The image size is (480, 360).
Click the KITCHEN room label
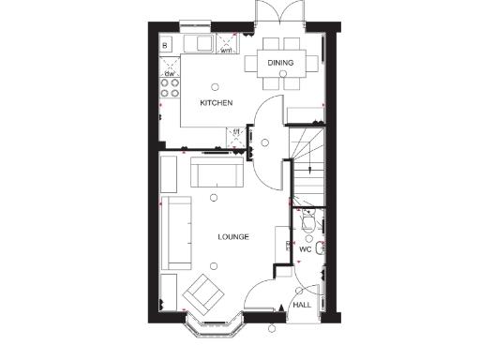[x=216, y=102]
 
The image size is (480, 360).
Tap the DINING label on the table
[x=279, y=63]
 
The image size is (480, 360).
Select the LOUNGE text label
[x=232, y=237]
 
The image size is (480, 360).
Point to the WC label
[x=305, y=249]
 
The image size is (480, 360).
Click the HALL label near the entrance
[x=302, y=306]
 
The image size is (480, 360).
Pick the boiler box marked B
[x=166, y=45]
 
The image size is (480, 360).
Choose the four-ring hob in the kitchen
[x=171, y=87]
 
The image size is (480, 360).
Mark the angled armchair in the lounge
[x=202, y=294]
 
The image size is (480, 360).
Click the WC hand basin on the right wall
[x=321, y=247]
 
